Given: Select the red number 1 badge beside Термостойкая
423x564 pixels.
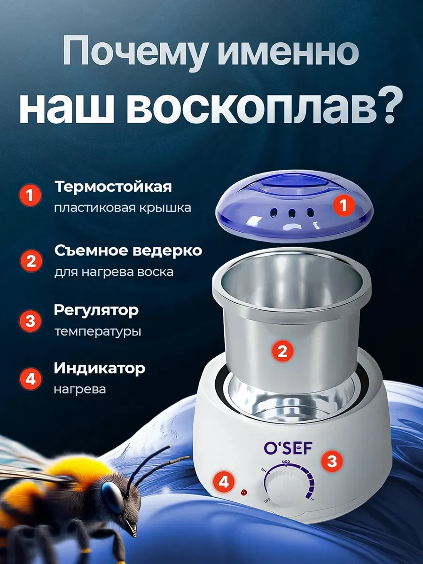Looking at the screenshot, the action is pos(30,196).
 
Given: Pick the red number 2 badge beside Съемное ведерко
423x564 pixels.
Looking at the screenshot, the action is pos(31,261).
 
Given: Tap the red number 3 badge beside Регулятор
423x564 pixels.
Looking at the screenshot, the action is pos(31,321).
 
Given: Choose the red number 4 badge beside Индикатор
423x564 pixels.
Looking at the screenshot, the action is pos(31,379).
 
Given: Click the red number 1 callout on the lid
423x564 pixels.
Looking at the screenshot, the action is pos(344,205).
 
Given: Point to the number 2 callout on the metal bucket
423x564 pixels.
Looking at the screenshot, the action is pos(282,351).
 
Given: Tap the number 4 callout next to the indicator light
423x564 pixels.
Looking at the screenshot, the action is pos(224,482).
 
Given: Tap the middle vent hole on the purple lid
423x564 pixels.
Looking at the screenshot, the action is pos(292,213).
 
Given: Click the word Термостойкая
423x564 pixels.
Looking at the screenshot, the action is pos(113,187).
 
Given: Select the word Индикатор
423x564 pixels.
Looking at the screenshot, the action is pos(100,368).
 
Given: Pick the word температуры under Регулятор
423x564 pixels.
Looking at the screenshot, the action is pos(98,331).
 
